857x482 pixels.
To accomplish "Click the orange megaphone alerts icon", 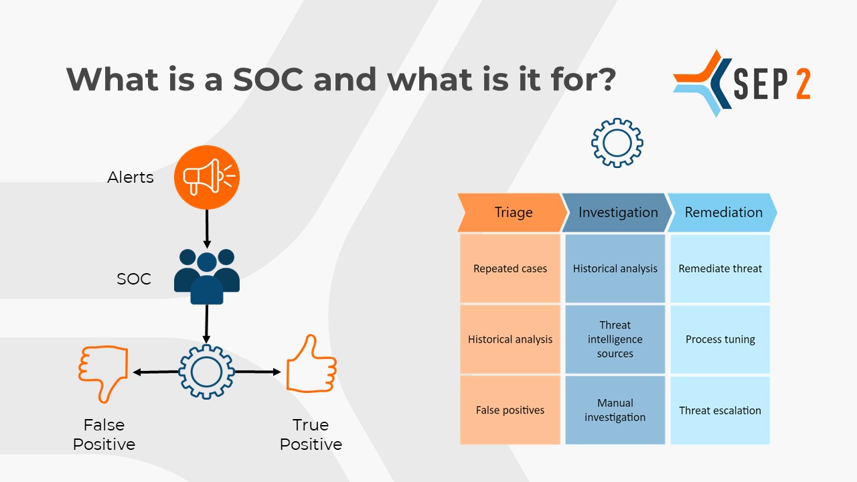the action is click(x=207, y=177).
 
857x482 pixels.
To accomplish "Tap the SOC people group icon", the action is click(x=207, y=276).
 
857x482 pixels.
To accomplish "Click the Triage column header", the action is click(x=512, y=212).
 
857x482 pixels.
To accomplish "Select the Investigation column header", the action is click(x=617, y=212).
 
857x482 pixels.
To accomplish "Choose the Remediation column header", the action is click(x=722, y=212).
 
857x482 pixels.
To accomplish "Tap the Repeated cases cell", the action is click(x=510, y=268).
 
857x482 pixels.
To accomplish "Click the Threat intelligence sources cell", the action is click(x=615, y=339).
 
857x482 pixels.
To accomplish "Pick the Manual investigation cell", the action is click(x=615, y=410).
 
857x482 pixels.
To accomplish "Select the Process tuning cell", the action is click(x=720, y=339).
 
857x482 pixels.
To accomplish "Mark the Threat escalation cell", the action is click(x=720, y=410).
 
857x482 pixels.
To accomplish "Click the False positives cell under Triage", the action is click(x=510, y=410).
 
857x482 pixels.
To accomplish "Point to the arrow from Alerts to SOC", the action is click(x=207, y=229).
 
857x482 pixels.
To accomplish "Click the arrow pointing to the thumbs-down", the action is click(x=156, y=372).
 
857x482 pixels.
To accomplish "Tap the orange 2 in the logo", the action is click(x=803, y=84).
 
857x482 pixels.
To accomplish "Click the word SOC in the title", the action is click(x=268, y=79).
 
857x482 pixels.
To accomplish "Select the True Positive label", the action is click(x=311, y=434).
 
